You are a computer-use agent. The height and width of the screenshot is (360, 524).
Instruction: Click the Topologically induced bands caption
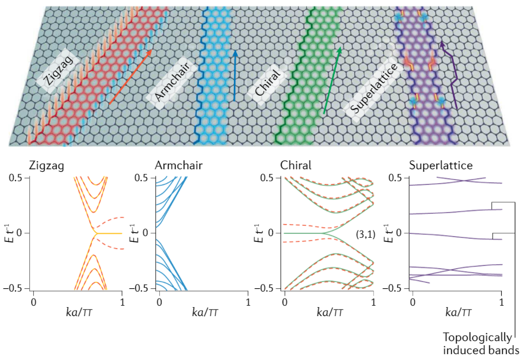(x=478, y=344)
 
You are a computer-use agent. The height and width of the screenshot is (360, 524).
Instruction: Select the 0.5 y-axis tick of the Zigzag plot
(x=17, y=178)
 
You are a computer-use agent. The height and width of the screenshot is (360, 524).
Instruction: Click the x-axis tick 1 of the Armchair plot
(x=248, y=300)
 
